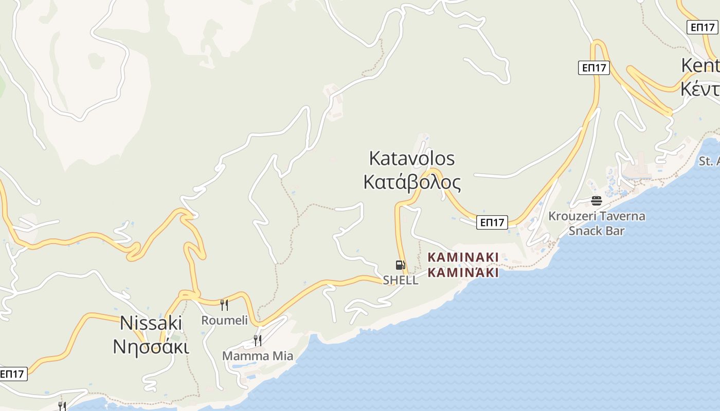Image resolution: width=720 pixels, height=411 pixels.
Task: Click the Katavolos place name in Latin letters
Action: pyautogui.click(x=412, y=158)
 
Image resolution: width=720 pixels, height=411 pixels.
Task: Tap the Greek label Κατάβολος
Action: pyautogui.click(x=412, y=182)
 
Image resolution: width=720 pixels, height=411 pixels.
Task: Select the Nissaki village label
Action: pyautogui.click(x=151, y=323)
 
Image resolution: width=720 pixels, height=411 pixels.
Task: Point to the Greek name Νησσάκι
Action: pyautogui.click(x=151, y=346)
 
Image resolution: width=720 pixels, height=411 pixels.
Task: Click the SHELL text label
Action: pyautogui.click(x=401, y=281)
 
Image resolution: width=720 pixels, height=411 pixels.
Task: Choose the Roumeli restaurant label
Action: pyautogui.click(x=224, y=321)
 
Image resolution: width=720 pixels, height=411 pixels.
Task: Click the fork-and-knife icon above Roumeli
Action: pyautogui.click(x=224, y=305)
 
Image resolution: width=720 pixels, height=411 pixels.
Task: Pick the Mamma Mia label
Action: pyautogui.click(x=258, y=356)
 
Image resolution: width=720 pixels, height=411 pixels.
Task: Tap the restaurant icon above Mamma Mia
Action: pyautogui.click(x=257, y=340)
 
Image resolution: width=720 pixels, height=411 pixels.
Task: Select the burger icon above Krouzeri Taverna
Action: pyautogui.click(x=597, y=200)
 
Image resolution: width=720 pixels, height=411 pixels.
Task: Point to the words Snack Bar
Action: pyautogui.click(x=597, y=231)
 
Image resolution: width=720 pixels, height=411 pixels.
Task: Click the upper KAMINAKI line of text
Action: pyautogui.click(x=463, y=257)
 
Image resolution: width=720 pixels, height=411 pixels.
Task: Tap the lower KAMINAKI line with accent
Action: pyautogui.click(x=463, y=272)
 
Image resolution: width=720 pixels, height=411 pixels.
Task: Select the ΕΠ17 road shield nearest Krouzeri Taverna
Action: pyautogui.click(x=492, y=222)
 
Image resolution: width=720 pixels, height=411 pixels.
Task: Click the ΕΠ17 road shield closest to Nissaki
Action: pyautogui.click(x=12, y=374)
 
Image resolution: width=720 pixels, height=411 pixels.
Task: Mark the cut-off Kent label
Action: pyautogui.click(x=700, y=66)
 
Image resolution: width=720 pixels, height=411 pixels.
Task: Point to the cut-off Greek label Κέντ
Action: pyautogui.click(x=700, y=89)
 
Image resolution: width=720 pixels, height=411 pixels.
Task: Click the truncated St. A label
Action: pyautogui.click(x=709, y=161)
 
